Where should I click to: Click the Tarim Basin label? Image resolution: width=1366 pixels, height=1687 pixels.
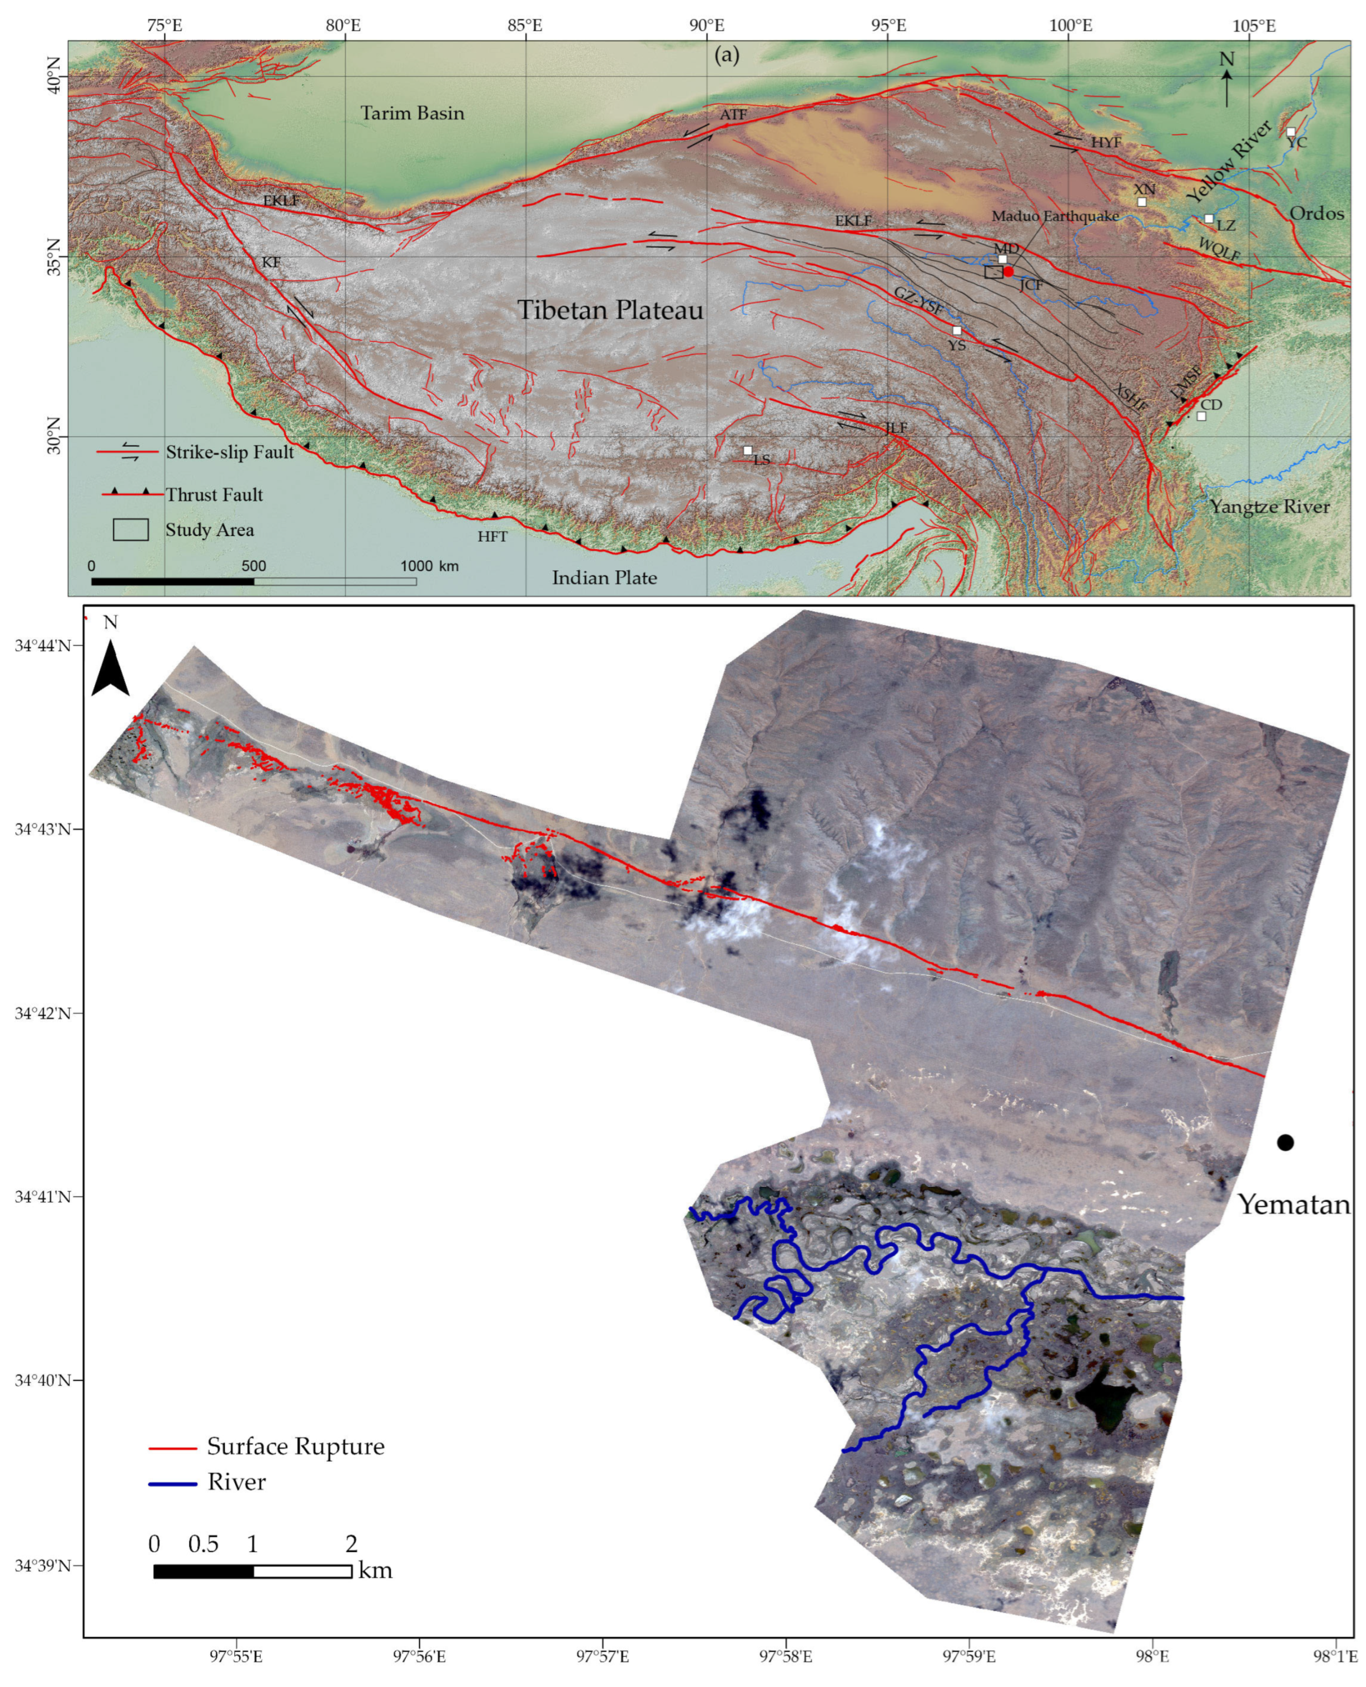click(x=413, y=113)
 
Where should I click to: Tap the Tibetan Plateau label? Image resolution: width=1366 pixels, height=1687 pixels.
click(x=610, y=310)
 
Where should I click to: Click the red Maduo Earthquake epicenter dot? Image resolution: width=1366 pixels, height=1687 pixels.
click(x=1008, y=271)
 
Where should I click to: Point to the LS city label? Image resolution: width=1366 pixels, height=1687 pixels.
click(x=761, y=460)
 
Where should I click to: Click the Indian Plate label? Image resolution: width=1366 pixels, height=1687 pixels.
click(x=604, y=578)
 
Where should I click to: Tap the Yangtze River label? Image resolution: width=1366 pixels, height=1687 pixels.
click(x=1269, y=507)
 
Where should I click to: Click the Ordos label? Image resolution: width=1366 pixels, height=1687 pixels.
click(x=1317, y=213)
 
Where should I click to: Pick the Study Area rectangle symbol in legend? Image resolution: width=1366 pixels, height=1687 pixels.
click(x=131, y=530)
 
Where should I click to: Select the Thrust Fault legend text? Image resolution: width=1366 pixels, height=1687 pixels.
click(x=214, y=495)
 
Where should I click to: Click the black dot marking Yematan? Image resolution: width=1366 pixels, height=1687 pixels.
click(x=1285, y=1142)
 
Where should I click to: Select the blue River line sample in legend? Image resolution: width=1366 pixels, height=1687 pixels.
click(x=172, y=1483)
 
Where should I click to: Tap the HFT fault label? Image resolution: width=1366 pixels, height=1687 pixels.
click(x=493, y=536)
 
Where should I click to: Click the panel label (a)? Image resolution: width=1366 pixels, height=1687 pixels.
click(x=726, y=55)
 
